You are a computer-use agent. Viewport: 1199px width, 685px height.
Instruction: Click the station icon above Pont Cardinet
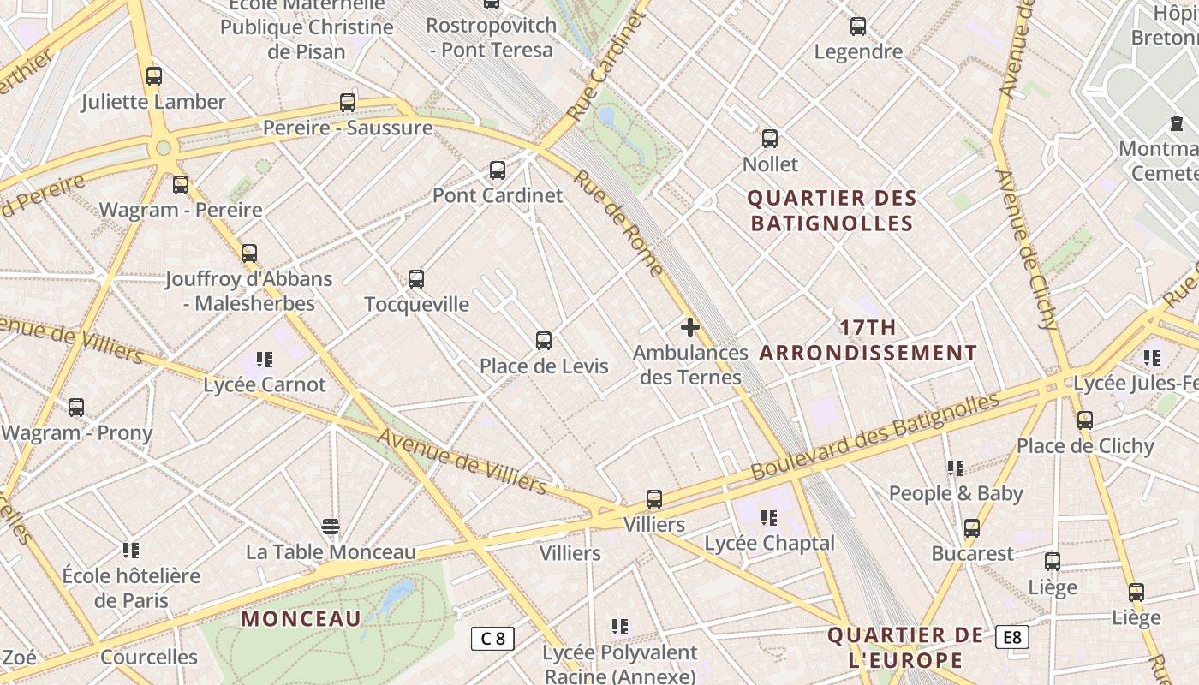(x=498, y=170)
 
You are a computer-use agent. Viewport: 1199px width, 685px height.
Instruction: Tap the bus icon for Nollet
(x=770, y=139)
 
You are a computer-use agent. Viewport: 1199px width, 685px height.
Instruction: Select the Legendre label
(x=858, y=51)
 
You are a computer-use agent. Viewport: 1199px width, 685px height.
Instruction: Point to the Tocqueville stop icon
(x=416, y=279)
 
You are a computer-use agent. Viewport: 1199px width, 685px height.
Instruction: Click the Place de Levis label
(x=544, y=366)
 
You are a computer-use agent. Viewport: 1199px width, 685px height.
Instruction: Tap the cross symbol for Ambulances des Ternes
(x=690, y=327)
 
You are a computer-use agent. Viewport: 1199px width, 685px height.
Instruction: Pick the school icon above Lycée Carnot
(x=265, y=360)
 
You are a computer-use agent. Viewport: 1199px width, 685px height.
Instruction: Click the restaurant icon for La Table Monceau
(x=331, y=526)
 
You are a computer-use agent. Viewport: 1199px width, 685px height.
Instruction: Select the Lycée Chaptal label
(x=769, y=543)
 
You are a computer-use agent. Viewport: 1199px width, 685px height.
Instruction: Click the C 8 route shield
(x=492, y=638)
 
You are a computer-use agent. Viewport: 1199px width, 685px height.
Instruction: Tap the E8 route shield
(x=1011, y=637)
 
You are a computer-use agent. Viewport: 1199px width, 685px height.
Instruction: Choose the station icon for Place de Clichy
(x=1085, y=420)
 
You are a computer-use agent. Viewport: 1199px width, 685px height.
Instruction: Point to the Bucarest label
(x=972, y=553)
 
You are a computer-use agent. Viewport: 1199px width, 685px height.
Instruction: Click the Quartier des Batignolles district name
(x=832, y=211)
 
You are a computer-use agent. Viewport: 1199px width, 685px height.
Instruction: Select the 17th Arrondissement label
(x=868, y=340)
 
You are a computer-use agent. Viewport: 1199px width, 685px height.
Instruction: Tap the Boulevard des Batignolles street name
(x=875, y=437)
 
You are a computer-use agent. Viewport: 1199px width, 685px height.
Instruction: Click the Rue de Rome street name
(x=618, y=223)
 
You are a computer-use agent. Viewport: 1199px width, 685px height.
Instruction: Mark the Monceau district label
(x=301, y=618)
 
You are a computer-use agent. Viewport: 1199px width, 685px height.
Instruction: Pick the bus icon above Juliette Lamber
(x=154, y=76)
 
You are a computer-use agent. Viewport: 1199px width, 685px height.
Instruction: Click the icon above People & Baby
(x=956, y=468)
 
